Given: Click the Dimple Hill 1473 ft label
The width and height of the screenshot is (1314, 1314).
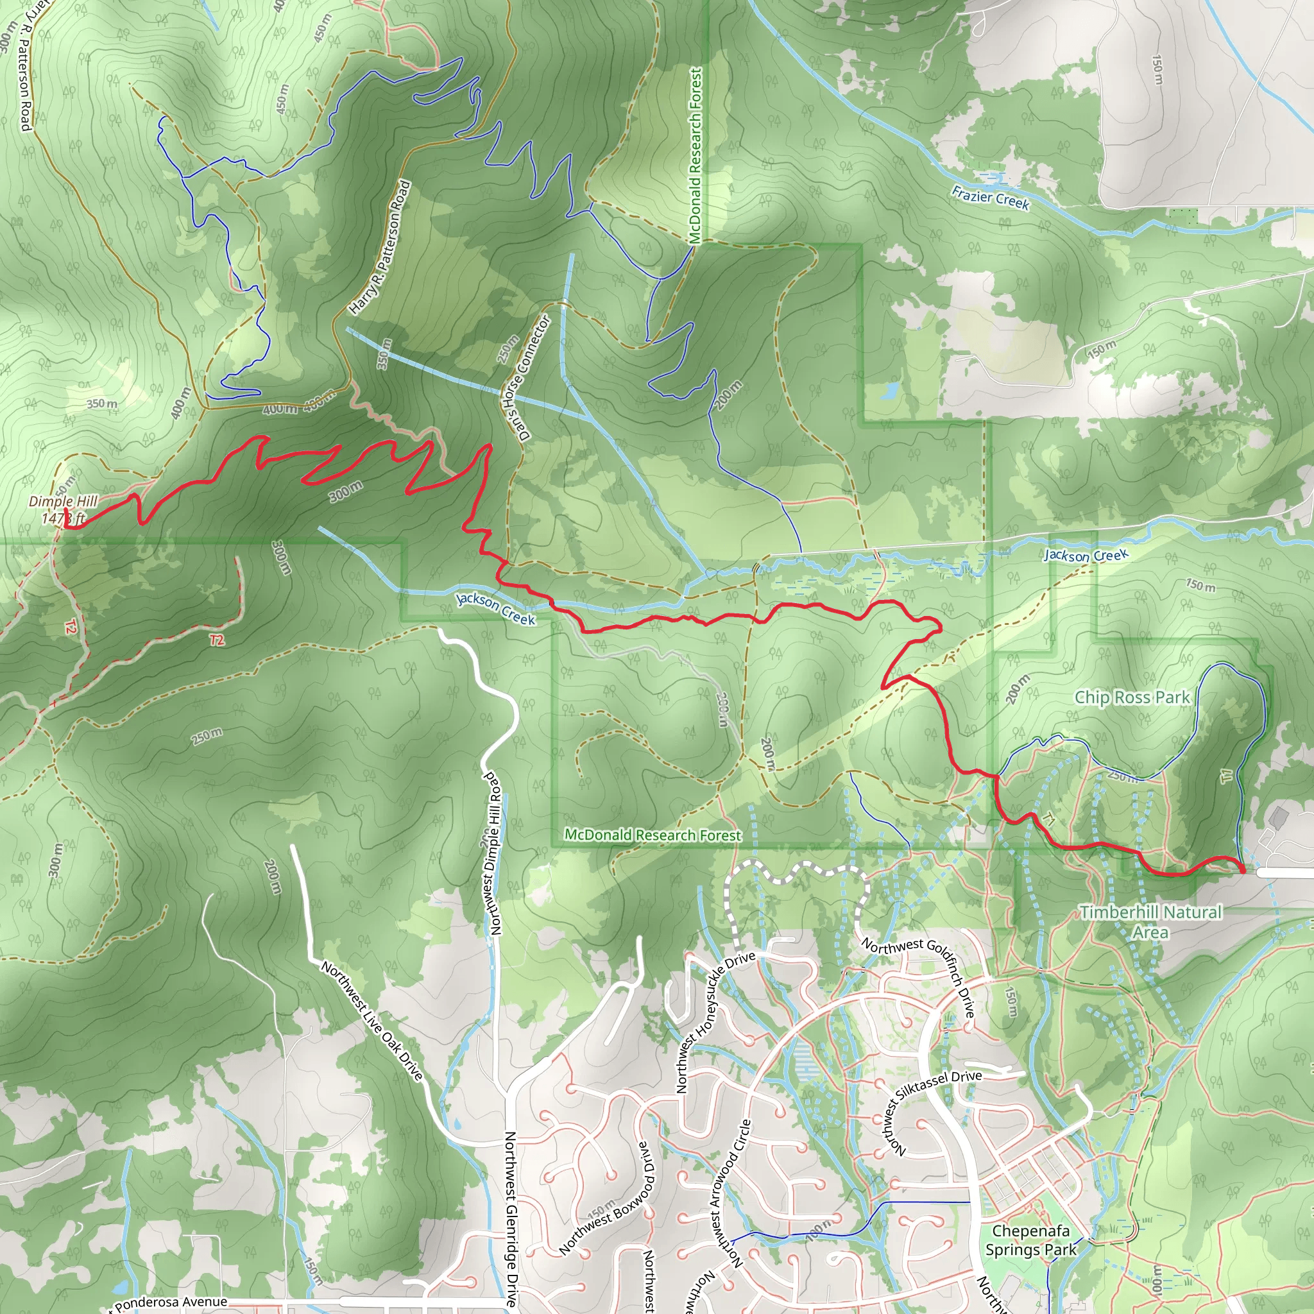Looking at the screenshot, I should click(x=63, y=510).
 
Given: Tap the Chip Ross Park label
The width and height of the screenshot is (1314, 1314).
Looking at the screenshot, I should click(x=1132, y=697).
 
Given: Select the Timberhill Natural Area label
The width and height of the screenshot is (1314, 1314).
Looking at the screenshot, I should click(x=1151, y=921).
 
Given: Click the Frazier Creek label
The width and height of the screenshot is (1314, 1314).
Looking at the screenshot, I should click(x=989, y=197).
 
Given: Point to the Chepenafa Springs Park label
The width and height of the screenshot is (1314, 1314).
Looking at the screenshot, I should click(x=1030, y=1240).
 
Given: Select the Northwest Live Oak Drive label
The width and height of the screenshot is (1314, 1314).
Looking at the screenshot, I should click(x=372, y=1020).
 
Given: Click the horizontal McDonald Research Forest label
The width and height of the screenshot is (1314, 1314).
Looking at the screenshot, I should click(x=653, y=835).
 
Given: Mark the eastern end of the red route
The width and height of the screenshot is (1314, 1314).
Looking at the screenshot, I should click(x=1243, y=870).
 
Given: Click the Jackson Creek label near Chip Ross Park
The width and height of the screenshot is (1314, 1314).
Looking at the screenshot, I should click(x=1086, y=556).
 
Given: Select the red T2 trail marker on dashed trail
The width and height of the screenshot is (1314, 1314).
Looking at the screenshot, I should click(x=216, y=640).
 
